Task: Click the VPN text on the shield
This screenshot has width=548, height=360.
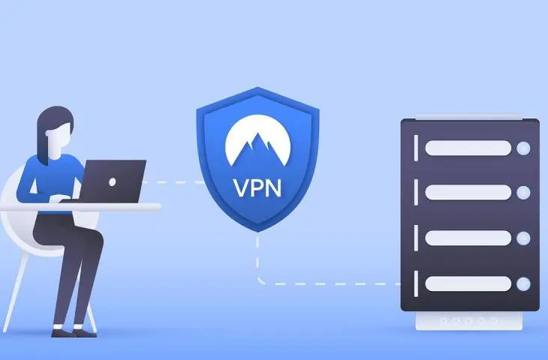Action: click(x=257, y=186)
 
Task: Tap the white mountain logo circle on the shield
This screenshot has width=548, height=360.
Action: click(x=257, y=145)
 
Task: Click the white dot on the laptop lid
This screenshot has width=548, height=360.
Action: click(x=112, y=182)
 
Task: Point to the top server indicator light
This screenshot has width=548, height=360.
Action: click(x=523, y=148)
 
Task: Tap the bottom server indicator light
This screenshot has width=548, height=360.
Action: click(x=523, y=283)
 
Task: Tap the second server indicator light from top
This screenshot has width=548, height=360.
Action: click(x=523, y=193)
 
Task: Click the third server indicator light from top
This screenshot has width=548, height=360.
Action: click(x=523, y=238)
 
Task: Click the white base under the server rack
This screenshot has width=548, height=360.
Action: click(x=469, y=319)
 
